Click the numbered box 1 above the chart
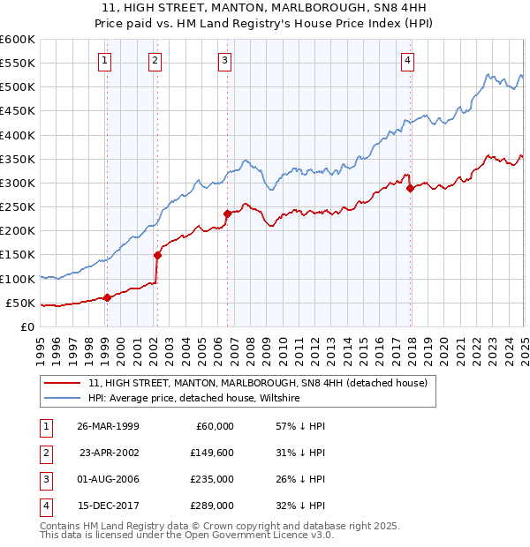point(105,61)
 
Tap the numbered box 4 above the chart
point(407,61)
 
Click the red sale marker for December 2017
point(410,188)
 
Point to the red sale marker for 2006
point(227,214)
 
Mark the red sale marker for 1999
point(108,297)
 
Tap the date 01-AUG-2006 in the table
point(109,479)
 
